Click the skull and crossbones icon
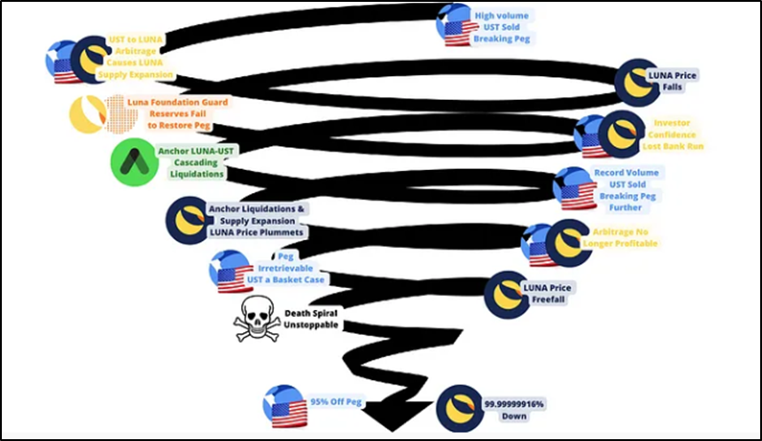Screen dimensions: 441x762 point(256,319)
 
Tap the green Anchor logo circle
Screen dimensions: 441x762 point(131,162)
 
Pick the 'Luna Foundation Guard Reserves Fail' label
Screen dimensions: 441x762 point(188,114)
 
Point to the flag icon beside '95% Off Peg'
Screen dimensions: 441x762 point(284,406)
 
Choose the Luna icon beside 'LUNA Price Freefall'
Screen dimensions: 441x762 point(506,295)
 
